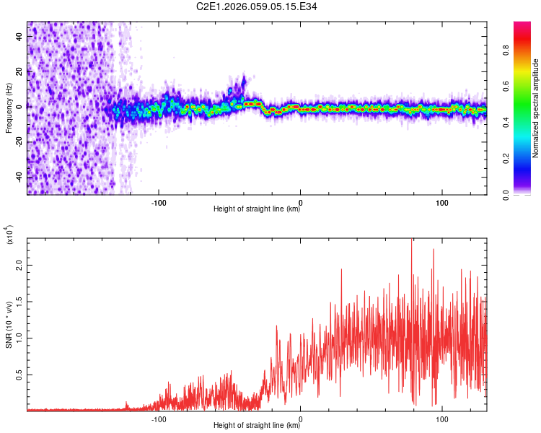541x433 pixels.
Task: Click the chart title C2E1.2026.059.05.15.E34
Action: click(x=270, y=7)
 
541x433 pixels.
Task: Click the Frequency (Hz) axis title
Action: click(x=9, y=108)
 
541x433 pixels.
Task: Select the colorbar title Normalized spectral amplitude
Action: click(x=536, y=108)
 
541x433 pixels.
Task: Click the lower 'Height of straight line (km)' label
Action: click(x=257, y=425)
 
